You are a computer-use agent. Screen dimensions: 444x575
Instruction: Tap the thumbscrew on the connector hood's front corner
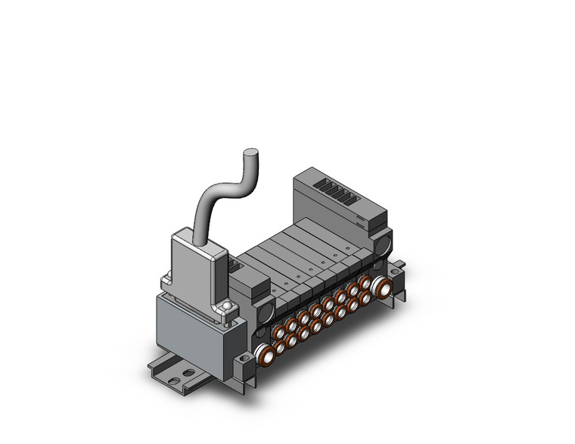[x=227, y=306]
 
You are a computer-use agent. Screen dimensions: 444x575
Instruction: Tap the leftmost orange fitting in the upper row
[x=291, y=324]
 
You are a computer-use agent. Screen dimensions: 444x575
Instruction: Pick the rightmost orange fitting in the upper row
[x=365, y=281]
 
